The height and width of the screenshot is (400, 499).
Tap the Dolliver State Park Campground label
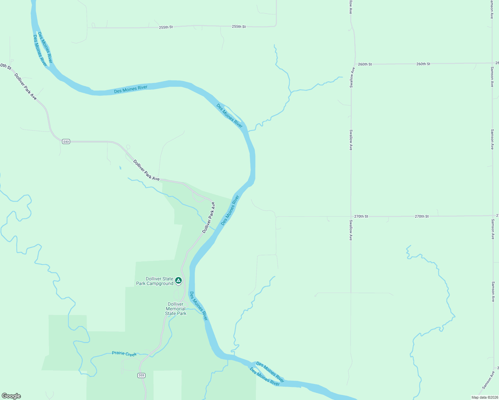(155, 281)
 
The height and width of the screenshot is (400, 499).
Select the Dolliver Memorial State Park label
(175, 309)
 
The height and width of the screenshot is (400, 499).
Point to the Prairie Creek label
(124, 354)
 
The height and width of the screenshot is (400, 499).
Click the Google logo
(11, 396)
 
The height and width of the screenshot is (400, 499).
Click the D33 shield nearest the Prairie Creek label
(141, 375)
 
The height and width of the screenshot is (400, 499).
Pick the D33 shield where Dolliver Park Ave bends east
(66, 142)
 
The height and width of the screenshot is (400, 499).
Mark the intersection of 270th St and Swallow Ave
(351, 216)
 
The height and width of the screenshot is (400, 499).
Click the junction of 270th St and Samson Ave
(493, 216)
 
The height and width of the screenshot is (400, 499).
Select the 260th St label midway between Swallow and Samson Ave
(423, 64)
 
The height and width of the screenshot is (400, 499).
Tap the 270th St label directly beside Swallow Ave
(361, 216)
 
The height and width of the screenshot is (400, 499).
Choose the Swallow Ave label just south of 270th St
(351, 230)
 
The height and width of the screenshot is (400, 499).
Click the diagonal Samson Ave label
(488, 380)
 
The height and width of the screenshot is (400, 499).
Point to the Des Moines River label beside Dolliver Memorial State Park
(198, 306)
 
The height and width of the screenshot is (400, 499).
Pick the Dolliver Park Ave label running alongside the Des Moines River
(209, 217)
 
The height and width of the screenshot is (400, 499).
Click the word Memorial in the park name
(175, 309)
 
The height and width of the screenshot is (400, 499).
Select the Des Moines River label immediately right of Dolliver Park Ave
(230, 210)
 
